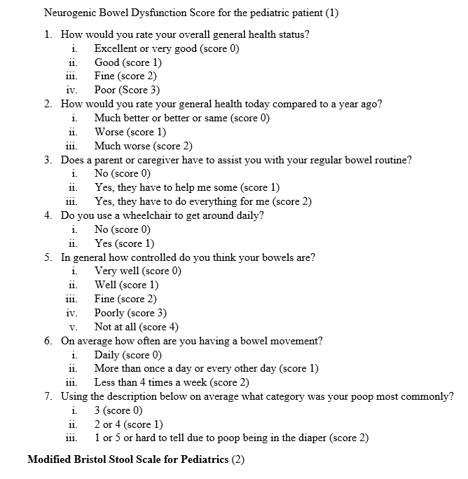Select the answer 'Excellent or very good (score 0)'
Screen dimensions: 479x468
(167, 48)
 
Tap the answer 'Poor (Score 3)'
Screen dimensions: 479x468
(128, 90)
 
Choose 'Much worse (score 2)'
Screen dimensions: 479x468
(144, 146)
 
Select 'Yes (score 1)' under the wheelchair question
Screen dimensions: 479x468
(124, 243)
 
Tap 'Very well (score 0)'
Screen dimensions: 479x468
(138, 271)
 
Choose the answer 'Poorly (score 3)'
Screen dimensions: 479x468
(130, 313)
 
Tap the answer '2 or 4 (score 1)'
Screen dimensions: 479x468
(129, 424)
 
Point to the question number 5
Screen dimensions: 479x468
(47, 257)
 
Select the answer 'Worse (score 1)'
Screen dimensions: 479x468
(130, 132)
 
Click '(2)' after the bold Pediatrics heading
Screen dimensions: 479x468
(238, 460)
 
